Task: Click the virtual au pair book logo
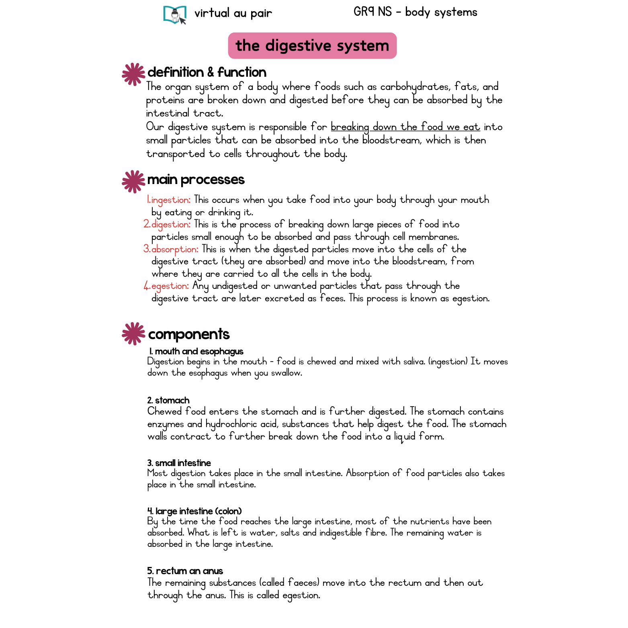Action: click(175, 15)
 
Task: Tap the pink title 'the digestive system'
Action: click(312, 46)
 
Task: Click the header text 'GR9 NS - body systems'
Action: click(415, 12)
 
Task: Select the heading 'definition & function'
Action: click(207, 72)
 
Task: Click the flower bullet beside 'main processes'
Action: click(133, 182)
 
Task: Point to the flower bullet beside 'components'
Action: click(133, 333)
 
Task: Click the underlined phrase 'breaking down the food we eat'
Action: click(405, 127)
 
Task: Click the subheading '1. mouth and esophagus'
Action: click(196, 352)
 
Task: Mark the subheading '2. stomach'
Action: click(168, 400)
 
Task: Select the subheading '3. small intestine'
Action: click(179, 463)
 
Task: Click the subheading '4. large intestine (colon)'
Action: click(194, 511)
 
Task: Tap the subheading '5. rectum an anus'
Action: click(185, 571)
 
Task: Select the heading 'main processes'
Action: click(196, 180)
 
